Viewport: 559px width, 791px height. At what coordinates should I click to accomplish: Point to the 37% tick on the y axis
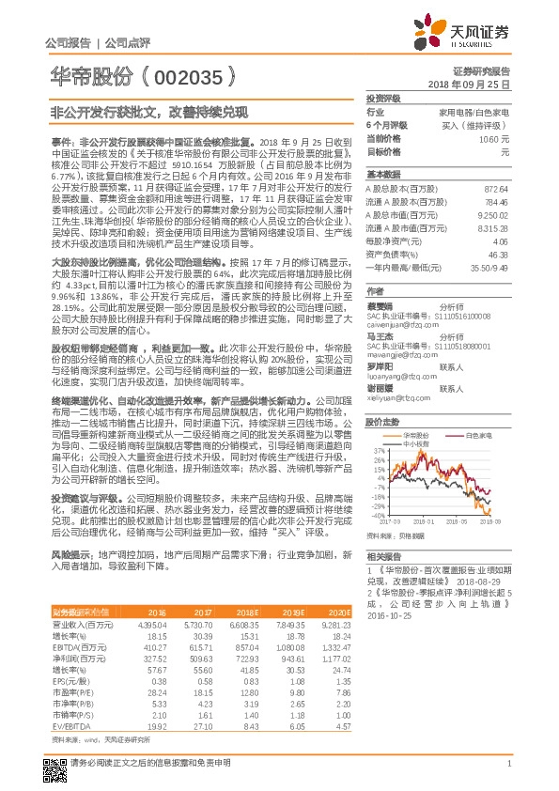(377, 452)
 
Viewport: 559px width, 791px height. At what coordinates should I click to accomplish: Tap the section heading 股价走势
(380, 422)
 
